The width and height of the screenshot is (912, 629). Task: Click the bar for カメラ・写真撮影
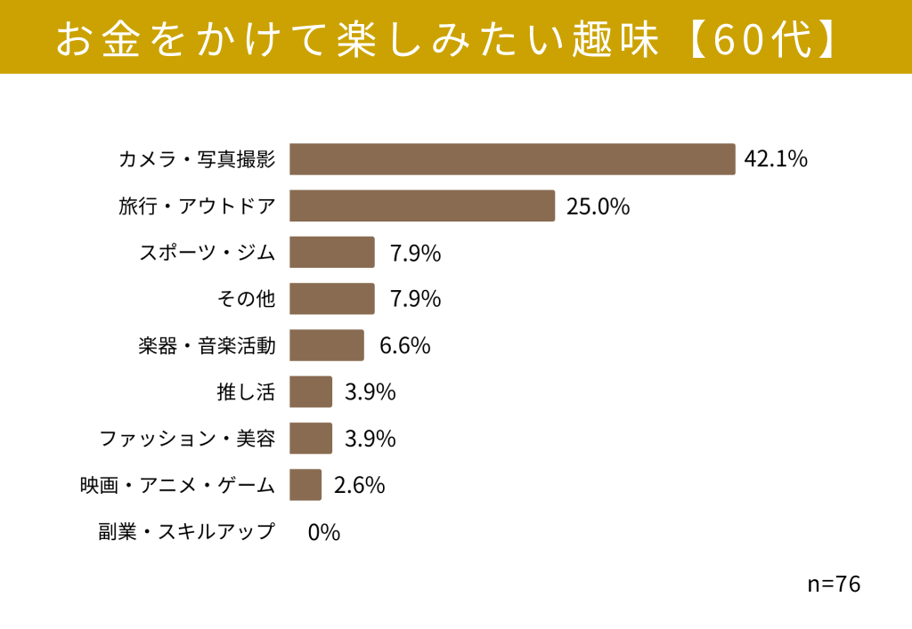pos(512,159)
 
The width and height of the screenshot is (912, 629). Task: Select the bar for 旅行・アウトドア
pos(422,206)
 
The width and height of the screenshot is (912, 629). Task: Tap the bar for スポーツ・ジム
pos(332,252)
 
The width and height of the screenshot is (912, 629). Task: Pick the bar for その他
pos(332,299)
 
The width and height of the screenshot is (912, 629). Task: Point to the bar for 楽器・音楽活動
pos(327,345)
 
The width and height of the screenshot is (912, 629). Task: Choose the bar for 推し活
pos(311,391)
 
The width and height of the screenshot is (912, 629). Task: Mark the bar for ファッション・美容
pos(311,438)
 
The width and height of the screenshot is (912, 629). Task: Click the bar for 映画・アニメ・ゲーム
pos(305,484)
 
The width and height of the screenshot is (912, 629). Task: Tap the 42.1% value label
pos(776,158)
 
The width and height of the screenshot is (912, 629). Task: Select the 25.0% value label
pos(598,206)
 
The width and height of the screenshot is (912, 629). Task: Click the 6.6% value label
pos(405,345)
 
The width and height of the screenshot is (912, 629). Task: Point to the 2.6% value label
pos(359,485)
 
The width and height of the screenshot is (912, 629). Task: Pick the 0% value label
pos(324,532)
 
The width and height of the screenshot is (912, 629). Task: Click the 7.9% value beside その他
pos(415,299)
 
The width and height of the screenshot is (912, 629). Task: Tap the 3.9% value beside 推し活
pos(370,392)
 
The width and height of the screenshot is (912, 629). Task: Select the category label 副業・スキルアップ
pos(186,531)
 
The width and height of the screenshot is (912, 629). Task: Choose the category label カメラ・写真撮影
pos(197,159)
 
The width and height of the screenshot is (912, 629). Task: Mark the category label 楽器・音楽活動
pos(207,345)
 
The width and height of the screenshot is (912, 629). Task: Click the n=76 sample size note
pos(834,584)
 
